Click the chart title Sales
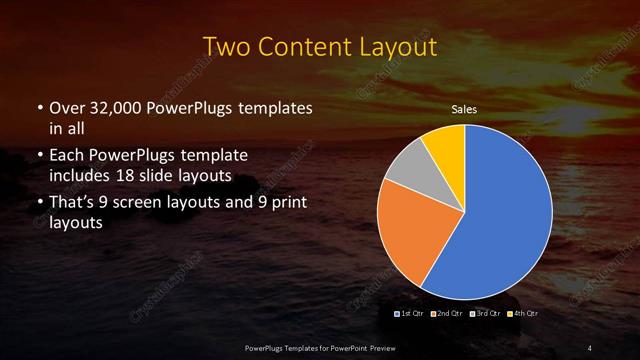click(x=464, y=109)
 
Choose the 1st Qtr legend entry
click(x=413, y=314)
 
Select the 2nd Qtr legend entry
click(x=448, y=314)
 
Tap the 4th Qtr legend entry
click(x=521, y=314)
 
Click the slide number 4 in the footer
click(x=590, y=347)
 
